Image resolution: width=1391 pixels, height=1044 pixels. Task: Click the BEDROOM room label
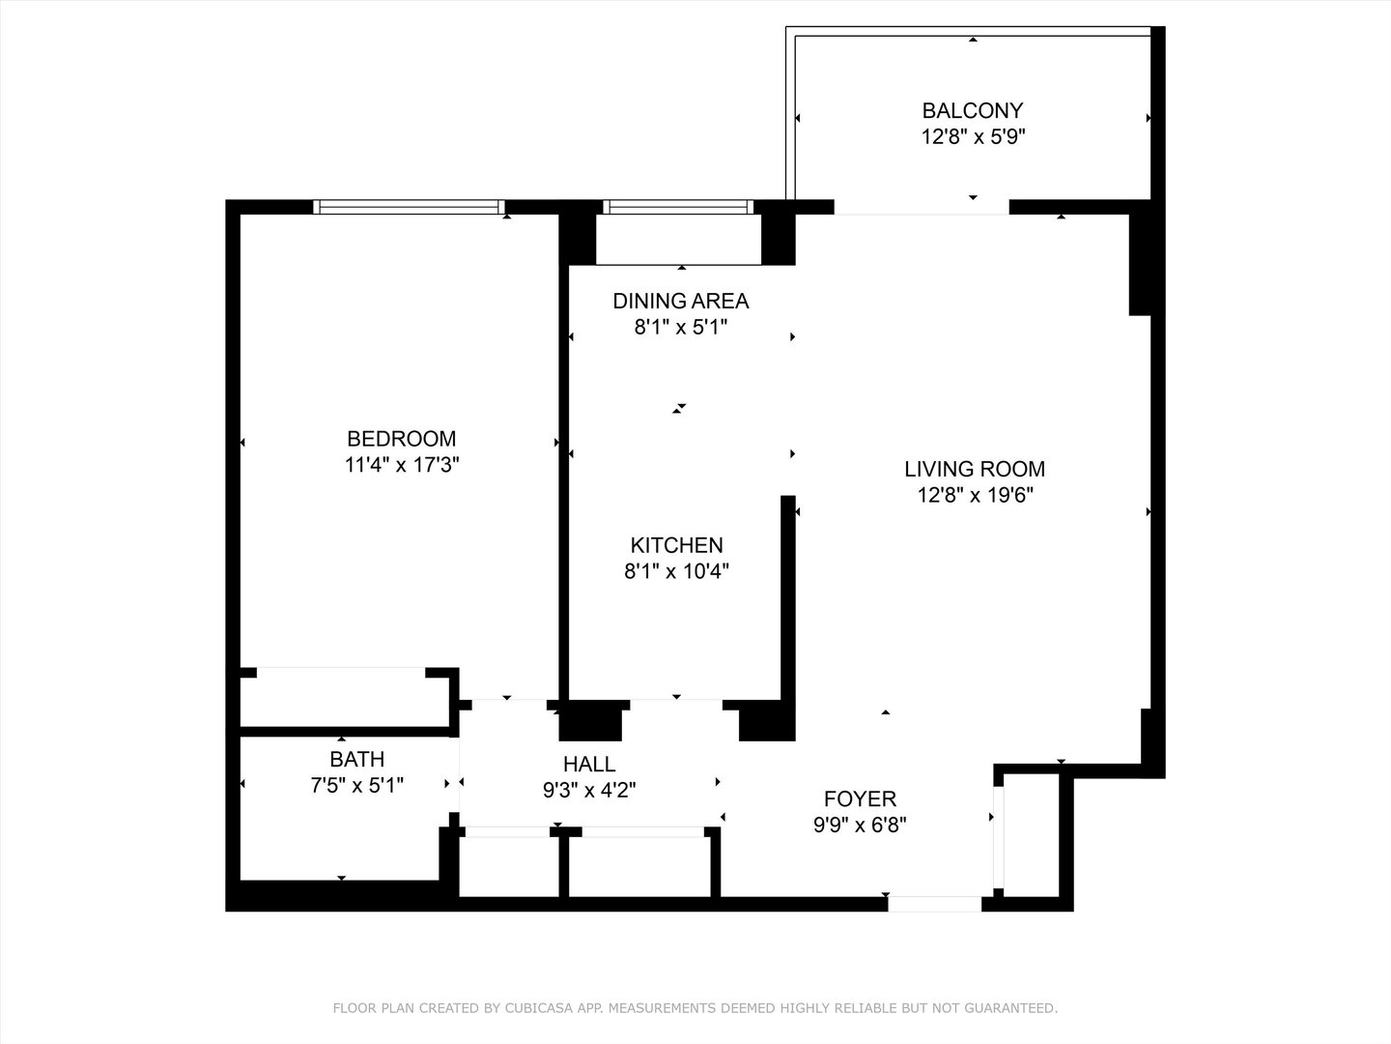point(401,438)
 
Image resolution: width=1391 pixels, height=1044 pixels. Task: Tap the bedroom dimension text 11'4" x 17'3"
point(401,465)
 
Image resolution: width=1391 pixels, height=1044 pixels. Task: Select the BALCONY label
point(973,110)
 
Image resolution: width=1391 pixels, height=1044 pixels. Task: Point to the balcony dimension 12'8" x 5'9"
point(973,137)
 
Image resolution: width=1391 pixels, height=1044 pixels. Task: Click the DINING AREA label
point(680,301)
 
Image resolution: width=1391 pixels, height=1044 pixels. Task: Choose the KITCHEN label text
point(676,545)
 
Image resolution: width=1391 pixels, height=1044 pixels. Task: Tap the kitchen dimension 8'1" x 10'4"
point(676,571)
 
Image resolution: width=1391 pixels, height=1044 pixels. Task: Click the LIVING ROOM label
point(975,470)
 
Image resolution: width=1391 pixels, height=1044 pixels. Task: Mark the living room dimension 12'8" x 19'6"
point(975,496)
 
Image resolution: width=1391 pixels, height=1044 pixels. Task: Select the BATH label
point(356,759)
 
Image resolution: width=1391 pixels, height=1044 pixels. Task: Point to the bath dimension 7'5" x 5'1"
point(356,785)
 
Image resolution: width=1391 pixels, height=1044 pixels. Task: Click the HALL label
point(589,765)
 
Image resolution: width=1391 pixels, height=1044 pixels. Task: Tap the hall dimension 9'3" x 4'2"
point(589,791)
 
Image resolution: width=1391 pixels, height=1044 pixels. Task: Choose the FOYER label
point(860,798)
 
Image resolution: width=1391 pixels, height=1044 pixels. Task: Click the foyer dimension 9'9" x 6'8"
point(860,825)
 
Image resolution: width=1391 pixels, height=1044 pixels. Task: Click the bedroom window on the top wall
point(410,206)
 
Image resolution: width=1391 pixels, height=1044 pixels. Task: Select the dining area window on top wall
point(677,206)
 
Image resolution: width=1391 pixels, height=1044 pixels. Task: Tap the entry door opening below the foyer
point(934,904)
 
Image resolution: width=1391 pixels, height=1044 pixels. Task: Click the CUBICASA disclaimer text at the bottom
point(695,1008)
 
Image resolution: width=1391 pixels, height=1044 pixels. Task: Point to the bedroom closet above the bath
point(343,696)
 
